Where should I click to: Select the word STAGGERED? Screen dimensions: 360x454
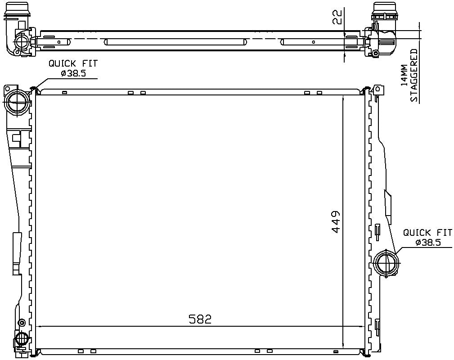click(414, 75)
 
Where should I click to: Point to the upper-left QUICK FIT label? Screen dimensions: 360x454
click(73, 64)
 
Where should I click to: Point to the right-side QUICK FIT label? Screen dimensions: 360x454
click(427, 233)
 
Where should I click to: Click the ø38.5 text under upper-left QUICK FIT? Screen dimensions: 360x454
click(73, 73)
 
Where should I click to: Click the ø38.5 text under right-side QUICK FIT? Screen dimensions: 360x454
click(428, 243)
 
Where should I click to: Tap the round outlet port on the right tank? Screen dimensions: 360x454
click(386, 262)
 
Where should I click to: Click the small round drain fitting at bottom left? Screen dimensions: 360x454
click(22, 338)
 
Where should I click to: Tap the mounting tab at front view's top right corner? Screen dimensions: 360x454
click(378, 89)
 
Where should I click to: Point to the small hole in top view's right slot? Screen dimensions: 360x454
click(314, 42)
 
